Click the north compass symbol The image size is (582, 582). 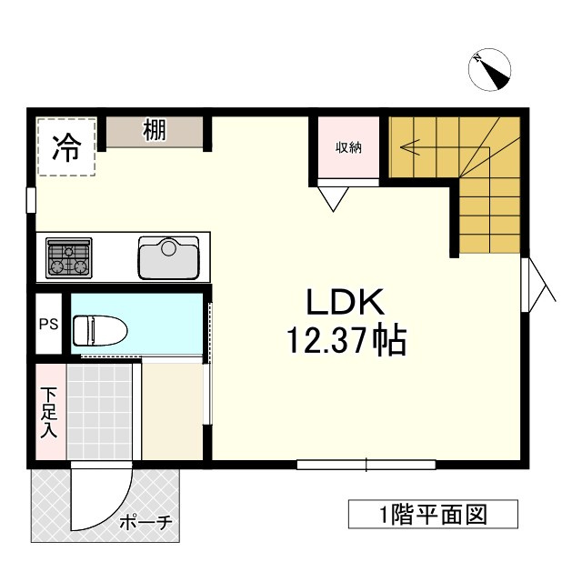pyautogui.click(x=490, y=71)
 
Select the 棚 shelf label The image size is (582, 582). pyautogui.click(x=154, y=131)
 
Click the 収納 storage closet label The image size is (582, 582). pyautogui.click(x=348, y=147)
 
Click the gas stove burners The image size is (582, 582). pyautogui.click(x=69, y=258)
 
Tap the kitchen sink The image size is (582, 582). pyautogui.click(x=168, y=257)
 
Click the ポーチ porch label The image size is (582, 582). pyautogui.click(x=145, y=524)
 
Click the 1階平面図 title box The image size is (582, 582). pyautogui.click(x=433, y=515)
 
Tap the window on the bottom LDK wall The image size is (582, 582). pyautogui.click(x=366, y=465)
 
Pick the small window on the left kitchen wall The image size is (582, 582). pyautogui.click(x=31, y=200)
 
